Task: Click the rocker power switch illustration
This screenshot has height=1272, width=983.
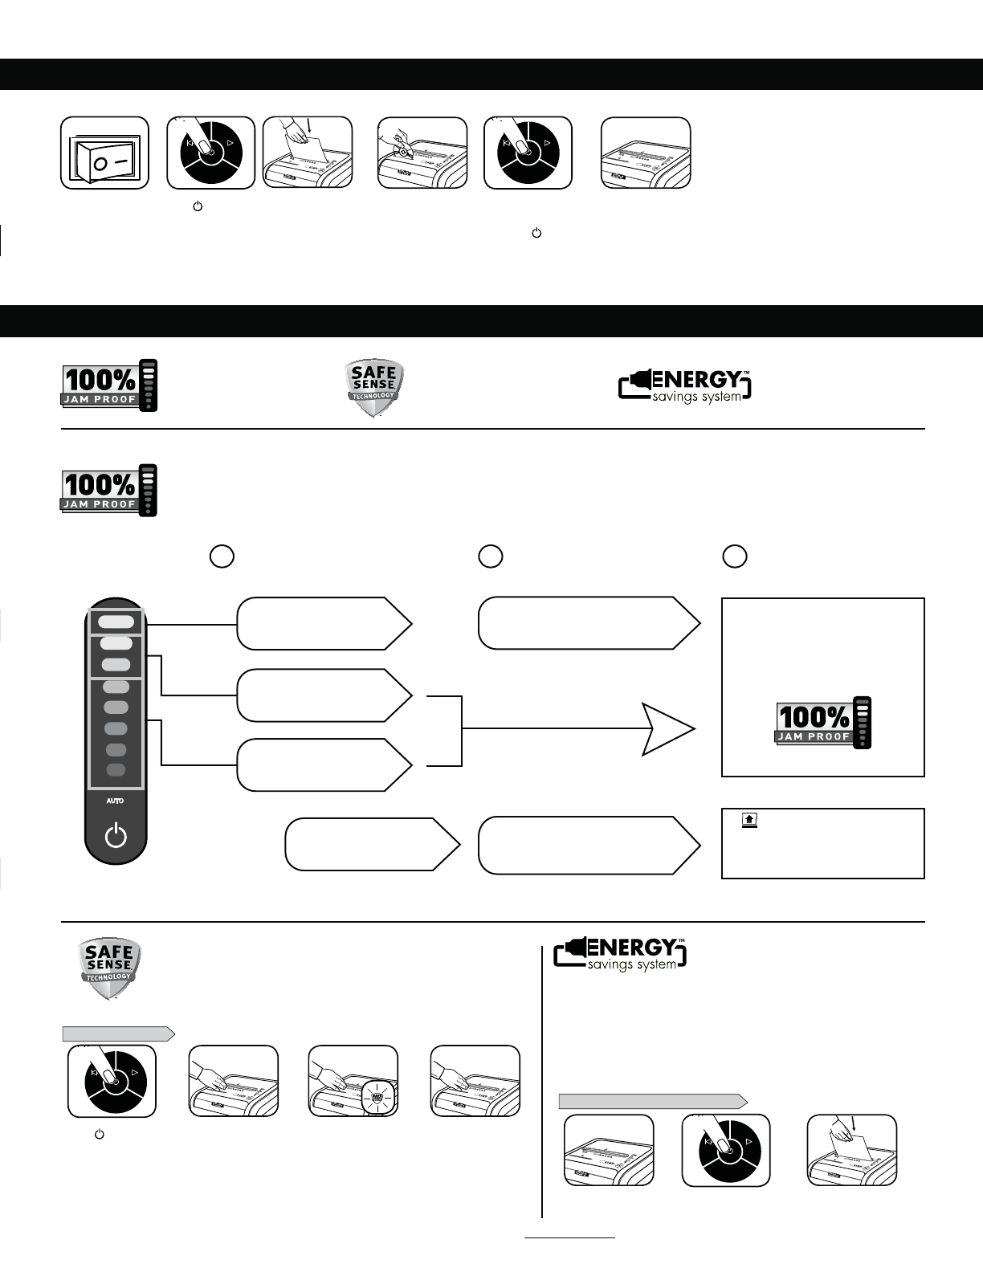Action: click(x=105, y=153)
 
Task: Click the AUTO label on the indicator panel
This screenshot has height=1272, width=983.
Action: click(x=116, y=801)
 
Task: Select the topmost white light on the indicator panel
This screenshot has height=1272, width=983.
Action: click(x=116, y=621)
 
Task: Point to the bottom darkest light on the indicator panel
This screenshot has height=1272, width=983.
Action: click(x=116, y=770)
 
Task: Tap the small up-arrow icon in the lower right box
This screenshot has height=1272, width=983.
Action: click(x=748, y=820)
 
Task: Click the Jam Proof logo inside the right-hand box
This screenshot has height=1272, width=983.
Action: click(x=823, y=723)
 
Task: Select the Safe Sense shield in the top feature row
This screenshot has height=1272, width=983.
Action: click(x=374, y=388)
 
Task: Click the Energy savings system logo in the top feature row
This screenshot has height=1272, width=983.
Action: click(x=685, y=386)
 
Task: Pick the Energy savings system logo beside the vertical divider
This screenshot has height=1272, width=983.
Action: click(x=620, y=953)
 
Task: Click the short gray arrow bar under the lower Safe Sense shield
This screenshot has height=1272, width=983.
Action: click(x=118, y=1033)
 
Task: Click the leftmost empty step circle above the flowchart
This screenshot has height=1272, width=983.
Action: click(x=222, y=556)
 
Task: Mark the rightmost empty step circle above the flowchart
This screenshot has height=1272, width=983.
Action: click(x=734, y=556)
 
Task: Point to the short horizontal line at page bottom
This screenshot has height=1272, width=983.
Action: click(x=569, y=1238)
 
